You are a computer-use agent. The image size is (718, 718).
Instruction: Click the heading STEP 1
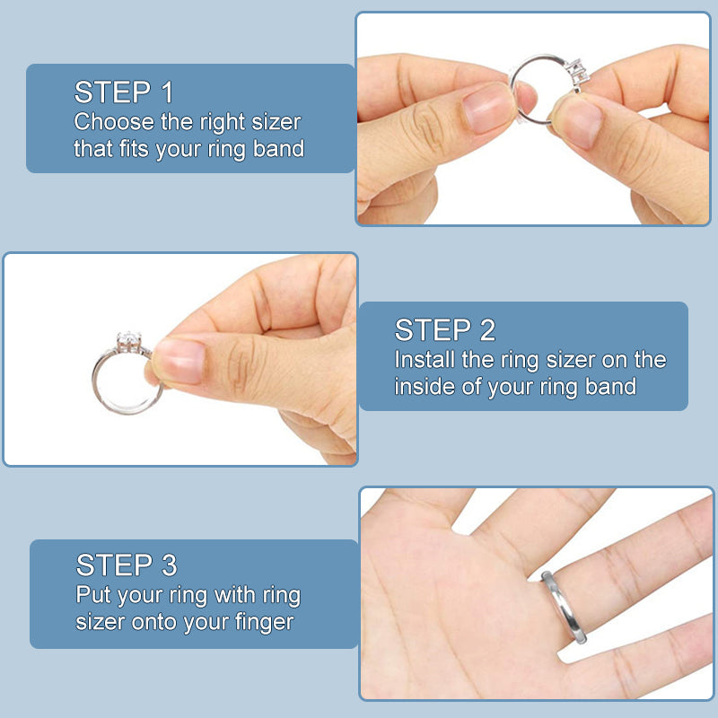pos(124,92)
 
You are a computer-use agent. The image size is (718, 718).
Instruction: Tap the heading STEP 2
pos(444,329)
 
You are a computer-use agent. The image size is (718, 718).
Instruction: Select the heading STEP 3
pos(127,565)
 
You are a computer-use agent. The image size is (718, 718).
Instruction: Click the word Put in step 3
pos(93,594)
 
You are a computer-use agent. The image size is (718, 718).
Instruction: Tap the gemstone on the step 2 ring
pos(128,340)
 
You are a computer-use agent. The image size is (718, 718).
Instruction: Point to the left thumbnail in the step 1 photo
pos(487,109)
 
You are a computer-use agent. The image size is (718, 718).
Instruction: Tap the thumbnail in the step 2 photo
pos(180,361)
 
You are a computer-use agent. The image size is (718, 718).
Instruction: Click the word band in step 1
pos(278,149)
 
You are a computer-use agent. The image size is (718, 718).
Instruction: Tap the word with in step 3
pos(234,594)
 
